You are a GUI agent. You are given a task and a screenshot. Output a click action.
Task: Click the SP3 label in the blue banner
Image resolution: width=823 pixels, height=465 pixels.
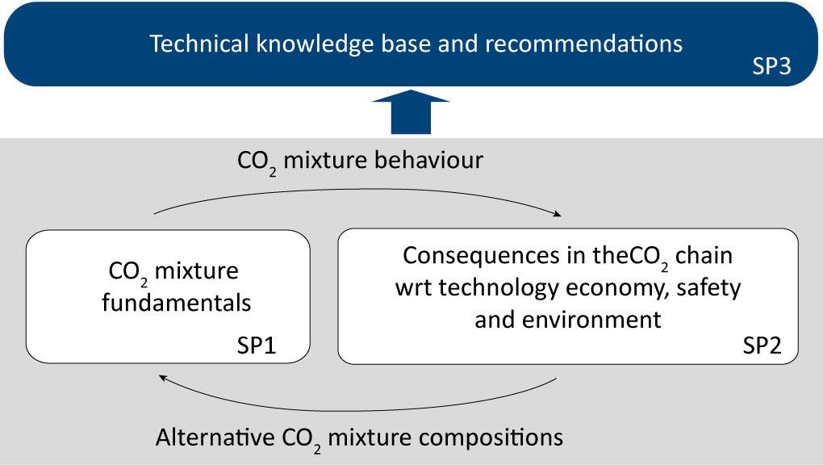pos(771,66)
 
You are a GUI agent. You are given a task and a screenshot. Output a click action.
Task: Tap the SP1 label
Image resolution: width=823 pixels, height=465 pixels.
pos(257,346)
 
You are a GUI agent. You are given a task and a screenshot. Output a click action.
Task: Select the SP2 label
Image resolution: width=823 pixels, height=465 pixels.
pos(762,346)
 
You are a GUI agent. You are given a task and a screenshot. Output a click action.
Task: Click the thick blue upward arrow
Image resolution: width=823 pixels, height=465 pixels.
pos(411,112)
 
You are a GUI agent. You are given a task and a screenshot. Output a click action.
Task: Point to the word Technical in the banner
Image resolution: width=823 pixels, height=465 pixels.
pos(199,44)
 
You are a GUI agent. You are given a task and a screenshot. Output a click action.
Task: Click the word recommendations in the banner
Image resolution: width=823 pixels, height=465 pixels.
pos(583,44)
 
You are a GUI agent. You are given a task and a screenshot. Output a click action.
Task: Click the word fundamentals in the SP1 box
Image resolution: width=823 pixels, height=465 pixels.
pos(177,303)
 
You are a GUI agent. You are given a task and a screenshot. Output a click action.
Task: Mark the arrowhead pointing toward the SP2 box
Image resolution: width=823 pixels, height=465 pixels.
pos(556,213)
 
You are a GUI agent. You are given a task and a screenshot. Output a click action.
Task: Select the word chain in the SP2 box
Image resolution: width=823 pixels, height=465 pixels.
pos(704,256)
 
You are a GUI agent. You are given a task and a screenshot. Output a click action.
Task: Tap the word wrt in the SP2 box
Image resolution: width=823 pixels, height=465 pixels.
pos(414,289)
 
